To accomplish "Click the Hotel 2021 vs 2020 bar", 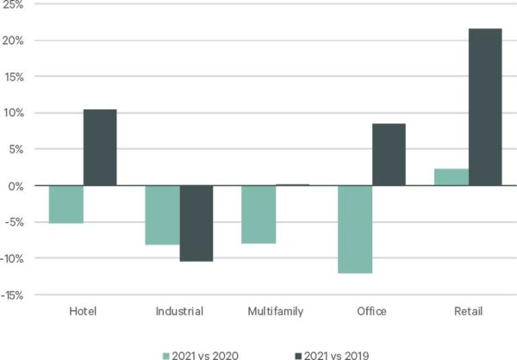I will click(66, 204).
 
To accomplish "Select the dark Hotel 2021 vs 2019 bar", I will click(99, 147).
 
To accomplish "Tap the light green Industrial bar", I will click(163, 215).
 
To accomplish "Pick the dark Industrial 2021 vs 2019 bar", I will click(196, 223).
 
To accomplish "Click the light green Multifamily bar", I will click(258, 214).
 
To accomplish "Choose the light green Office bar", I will click(355, 229).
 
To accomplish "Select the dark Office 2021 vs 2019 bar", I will click(388, 154).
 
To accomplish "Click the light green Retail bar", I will click(452, 177).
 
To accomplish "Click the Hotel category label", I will click(83, 310).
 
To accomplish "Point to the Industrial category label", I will click(179, 310).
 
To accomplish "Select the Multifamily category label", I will click(275, 310).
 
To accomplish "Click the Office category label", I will click(371, 310).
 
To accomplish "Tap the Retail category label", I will click(468, 310).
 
